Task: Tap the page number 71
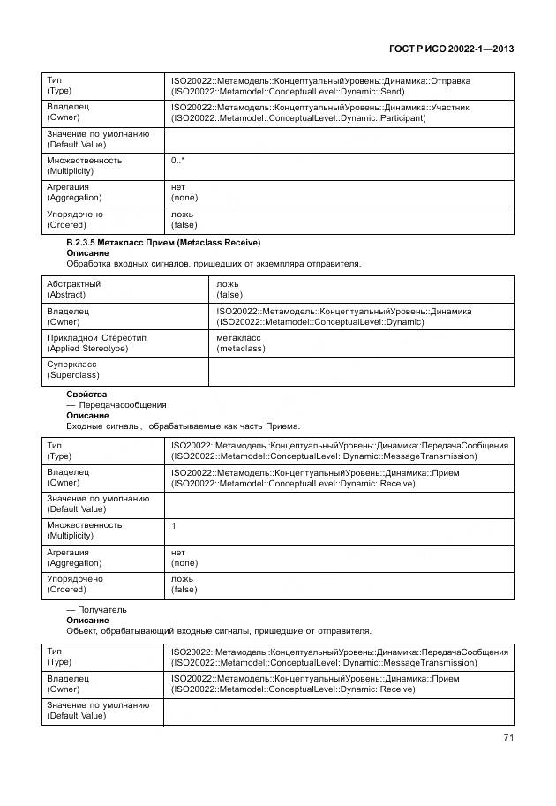coord(507,738)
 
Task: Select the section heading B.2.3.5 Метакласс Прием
coord(163,242)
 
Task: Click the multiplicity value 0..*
coord(177,161)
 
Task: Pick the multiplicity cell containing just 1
coord(174,525)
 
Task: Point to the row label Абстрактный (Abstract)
coord(73,290)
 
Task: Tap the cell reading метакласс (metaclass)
coord(240,343)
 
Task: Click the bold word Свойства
coord(86,394)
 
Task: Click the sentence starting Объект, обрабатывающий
coord(219,630)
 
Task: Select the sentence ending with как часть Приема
coord(184,426)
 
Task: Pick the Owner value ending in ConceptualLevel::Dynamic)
coord(344,316)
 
